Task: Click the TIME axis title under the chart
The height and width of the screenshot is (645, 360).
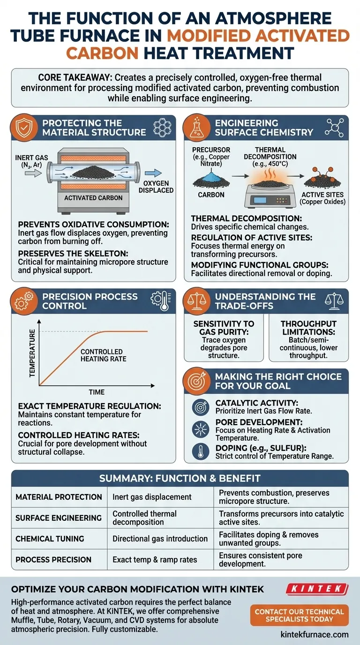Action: point(97,392)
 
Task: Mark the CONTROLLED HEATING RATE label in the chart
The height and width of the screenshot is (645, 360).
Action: point(102,355)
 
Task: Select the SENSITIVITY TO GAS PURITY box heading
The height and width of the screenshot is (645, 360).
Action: point(224,327)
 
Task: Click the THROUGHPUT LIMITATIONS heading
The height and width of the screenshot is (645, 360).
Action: point(308,327)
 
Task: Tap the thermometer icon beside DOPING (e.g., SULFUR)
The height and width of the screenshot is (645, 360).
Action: point(200,451)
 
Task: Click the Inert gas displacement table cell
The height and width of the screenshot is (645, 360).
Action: point(152,497)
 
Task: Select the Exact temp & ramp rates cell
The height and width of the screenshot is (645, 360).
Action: point(155,559)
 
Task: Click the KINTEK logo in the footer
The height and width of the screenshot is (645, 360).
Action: point(317,589)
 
